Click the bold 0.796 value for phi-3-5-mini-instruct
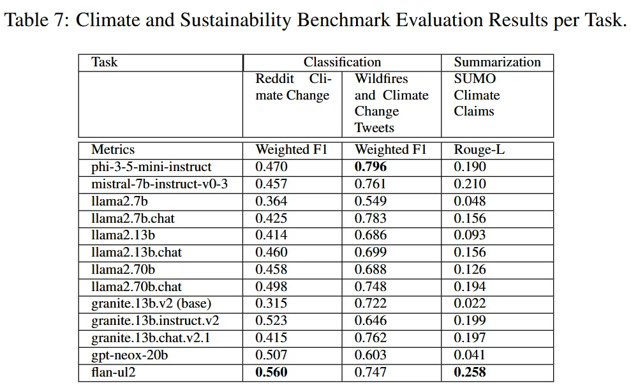click(370, 167)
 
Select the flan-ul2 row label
click(114, 372)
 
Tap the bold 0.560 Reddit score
click(271, 372)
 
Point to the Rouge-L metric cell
click(479, 150)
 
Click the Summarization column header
click(498, 62)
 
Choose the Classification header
click(342, 62)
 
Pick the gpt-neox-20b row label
click(130, 356)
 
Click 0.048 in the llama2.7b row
click(470, 201)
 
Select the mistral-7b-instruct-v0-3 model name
click(160, 184)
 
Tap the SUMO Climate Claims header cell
click(477, 95)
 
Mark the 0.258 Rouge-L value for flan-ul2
click(470, 372)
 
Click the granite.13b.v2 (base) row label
click(151, 303)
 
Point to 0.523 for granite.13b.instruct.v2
click(271, 320)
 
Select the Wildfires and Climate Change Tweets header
click(392, 103)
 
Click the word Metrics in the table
click(113, 150)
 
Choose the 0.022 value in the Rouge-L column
click(470, 303)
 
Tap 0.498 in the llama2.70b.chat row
click(271, 286)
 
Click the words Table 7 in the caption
click(37, 20)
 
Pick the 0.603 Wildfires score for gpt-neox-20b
click(370, 355)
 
